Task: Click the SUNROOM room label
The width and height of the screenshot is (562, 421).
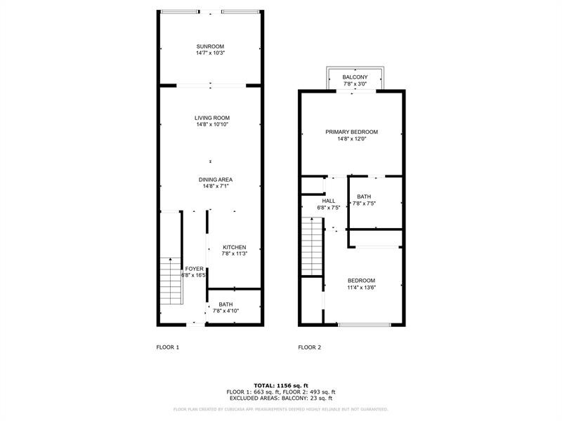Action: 210,46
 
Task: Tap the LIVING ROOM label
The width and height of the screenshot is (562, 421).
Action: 212,118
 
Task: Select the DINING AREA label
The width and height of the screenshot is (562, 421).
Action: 215,180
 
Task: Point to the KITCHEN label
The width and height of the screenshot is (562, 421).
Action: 235,247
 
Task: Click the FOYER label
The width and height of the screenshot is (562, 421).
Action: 194,269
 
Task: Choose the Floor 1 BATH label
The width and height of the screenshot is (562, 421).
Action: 226,304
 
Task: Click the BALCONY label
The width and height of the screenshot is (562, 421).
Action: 355,77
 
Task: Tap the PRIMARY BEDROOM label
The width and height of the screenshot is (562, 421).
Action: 351,132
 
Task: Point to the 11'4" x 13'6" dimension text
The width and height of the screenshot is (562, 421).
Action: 361,288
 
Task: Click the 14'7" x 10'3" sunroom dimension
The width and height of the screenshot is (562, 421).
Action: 210,53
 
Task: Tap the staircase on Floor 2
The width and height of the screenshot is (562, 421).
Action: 311,246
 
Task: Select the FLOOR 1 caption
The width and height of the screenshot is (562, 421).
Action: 168,347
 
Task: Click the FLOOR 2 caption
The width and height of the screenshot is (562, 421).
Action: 310,347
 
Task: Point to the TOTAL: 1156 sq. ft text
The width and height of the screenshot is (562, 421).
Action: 280,386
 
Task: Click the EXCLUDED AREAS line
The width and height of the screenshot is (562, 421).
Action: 280,398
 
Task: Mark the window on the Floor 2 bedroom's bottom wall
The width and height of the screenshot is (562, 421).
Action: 364,324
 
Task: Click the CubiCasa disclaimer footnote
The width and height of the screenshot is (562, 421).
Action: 280,409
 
